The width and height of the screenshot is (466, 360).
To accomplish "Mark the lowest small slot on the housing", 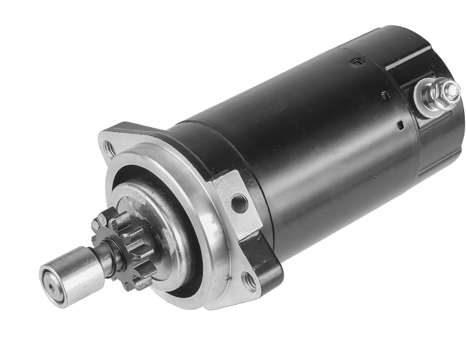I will [400, 124].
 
